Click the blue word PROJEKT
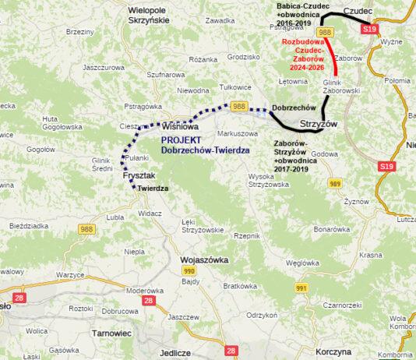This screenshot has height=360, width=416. pos(182,139)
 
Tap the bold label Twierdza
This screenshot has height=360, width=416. pos(154,189)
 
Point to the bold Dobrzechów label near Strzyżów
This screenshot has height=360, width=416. pos(294,107)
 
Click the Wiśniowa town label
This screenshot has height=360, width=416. pos(181,125)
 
